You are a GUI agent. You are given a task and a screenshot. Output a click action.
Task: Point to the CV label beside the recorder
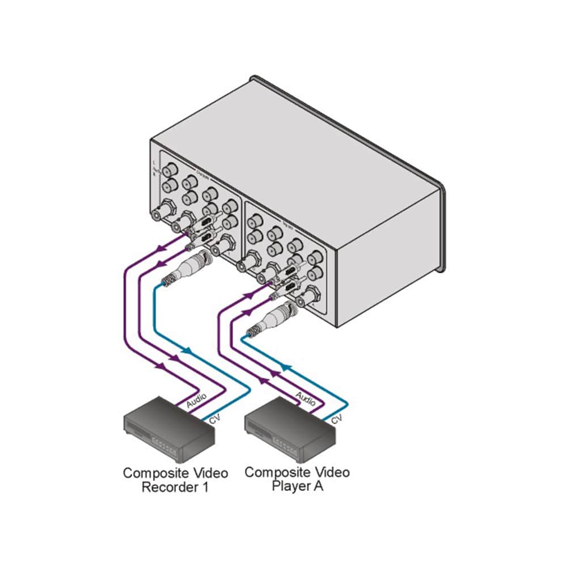(x=214, y=420)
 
